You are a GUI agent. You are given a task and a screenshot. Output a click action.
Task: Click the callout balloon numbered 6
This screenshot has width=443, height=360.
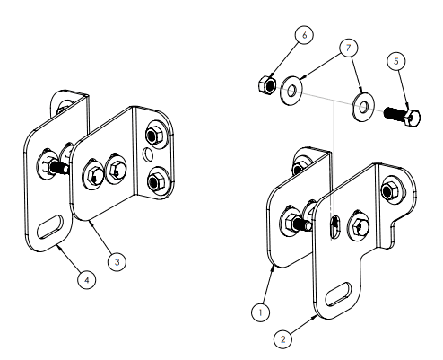coord(304,35)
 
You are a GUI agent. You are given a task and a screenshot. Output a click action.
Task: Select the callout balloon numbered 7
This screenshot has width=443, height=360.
coord(349,48)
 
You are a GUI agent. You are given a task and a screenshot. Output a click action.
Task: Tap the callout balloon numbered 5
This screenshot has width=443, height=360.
coord(396,61)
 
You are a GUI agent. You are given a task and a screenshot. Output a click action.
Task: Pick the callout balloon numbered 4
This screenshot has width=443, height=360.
coord(87,280)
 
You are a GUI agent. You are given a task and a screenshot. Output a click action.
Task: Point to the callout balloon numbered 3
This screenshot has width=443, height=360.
coord(117,262)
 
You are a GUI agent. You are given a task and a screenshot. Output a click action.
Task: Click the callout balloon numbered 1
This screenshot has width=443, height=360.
coord(261,312)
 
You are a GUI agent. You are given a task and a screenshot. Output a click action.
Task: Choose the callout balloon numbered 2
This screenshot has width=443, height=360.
coord(282,339)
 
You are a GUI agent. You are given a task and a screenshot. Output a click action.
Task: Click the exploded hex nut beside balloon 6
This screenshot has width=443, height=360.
coord(267,85)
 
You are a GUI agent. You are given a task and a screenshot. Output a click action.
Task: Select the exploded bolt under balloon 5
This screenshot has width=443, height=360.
coord(402,117)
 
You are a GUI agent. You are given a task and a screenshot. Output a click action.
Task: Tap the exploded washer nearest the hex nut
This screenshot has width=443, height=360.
coord(291,91)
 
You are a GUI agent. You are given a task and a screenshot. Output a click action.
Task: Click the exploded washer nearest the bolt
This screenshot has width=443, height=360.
coord(363,107)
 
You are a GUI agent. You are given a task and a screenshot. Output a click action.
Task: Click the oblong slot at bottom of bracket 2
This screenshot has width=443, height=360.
coord(339,294)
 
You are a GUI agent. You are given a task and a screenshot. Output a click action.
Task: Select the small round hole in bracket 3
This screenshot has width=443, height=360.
coord(147,154)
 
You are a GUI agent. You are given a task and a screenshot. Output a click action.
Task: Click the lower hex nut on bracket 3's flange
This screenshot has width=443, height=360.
coord(155,180)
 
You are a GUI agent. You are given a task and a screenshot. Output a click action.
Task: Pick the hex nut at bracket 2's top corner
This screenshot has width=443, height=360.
coord(390,190)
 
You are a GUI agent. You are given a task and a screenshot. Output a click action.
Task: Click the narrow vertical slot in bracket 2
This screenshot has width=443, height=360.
coord(335,227)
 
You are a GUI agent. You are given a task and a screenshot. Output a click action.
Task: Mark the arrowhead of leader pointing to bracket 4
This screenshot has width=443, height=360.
coord(59,247)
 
